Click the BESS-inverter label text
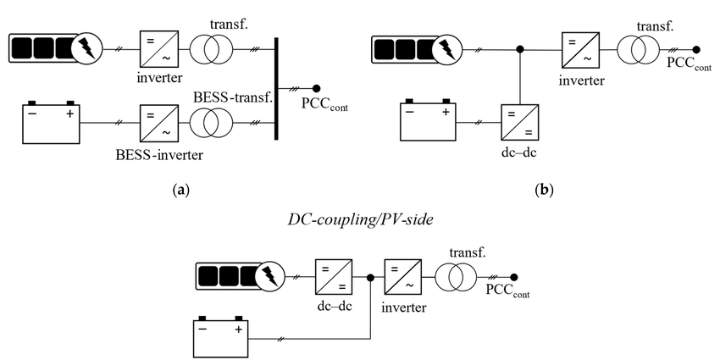(x=159, y=155)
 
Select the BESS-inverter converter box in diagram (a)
(x=159, y=123)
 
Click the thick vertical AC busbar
(x=276, y=89)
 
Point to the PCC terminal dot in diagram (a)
(x=316, y=89)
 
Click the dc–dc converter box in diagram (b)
(x=519, y=123)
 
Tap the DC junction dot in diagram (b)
(x=520, y=49)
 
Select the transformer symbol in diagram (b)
(x=638, y=49)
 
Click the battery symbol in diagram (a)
(x=51, y=122)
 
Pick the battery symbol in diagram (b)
(x=428, y=119)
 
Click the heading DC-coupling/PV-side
(x=361, y=220)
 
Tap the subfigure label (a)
(x=180, y=190)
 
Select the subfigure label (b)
(x=545, y=190)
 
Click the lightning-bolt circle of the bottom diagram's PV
(x=270, y=277)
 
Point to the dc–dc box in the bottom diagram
(x=334, y=277)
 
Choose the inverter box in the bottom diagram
(x=402, y=277)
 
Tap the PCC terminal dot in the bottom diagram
(x=514, y=277)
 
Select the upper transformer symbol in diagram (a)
(x=212, y=49)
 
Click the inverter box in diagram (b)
(x=581, y=49)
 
